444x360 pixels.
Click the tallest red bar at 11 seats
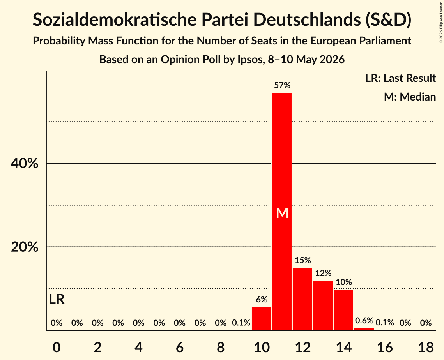click(x=282, y=212)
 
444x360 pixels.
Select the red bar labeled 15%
click(x=302, y=299)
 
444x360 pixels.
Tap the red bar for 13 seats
click(x=323, y=305)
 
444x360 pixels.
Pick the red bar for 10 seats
click(x=261, y=319)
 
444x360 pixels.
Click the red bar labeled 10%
click(x=343, y=310)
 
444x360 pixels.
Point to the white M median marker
click(x=282, y=213)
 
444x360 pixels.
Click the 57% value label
click(x=282, y=85)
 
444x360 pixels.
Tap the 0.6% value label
click(x=364, y=320)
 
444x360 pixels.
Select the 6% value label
click(x=262, y=300)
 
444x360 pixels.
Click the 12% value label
click(x=323, y=273)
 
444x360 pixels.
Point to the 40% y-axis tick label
click(x=24, y=163)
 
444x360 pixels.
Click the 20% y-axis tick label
click(x=24, y=247)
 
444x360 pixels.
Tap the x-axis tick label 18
click(x=426, y=347)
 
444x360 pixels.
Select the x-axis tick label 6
click(x=180, y=347)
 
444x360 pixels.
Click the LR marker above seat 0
click(x=57, y=299)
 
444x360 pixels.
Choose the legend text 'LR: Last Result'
click(x=400, y=78)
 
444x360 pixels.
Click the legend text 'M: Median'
click(x=410, y=97)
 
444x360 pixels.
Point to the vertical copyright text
click(x=441, y=22)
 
